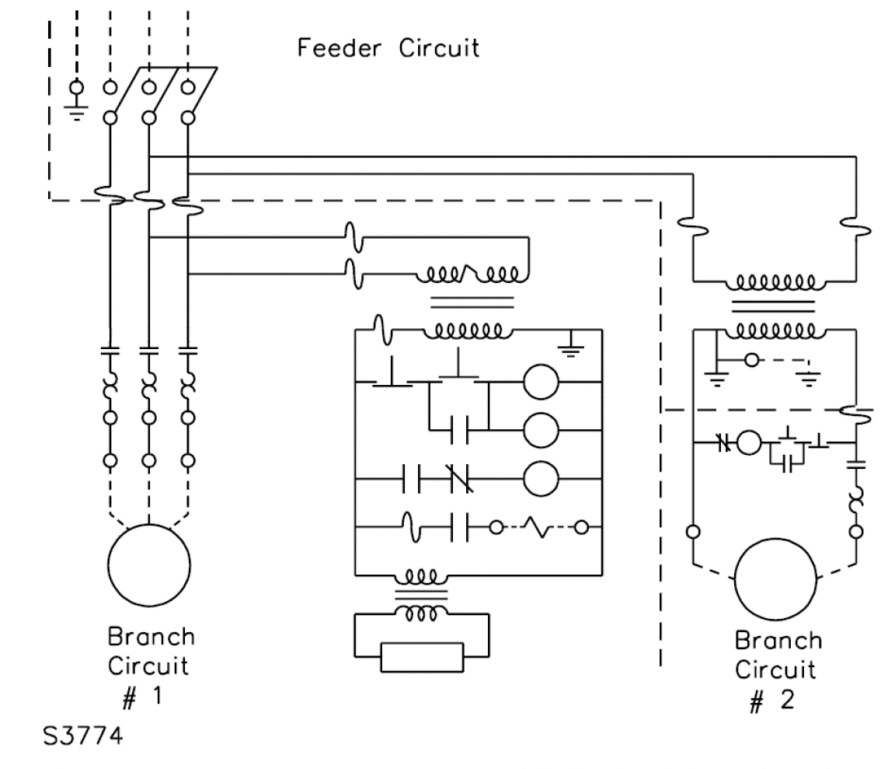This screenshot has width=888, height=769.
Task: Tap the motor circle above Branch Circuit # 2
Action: pos(775,580)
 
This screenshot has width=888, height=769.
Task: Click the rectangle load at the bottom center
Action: pos(421,656)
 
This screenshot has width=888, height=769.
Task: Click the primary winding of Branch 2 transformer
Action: pos(775,281)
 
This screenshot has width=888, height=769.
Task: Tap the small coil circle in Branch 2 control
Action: pos(749,443)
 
